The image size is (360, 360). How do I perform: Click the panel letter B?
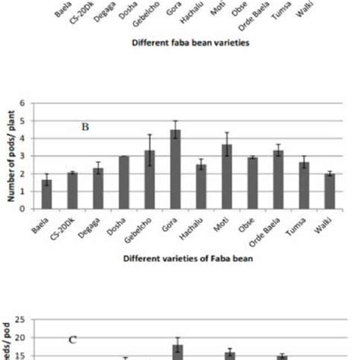pos(85,127)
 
